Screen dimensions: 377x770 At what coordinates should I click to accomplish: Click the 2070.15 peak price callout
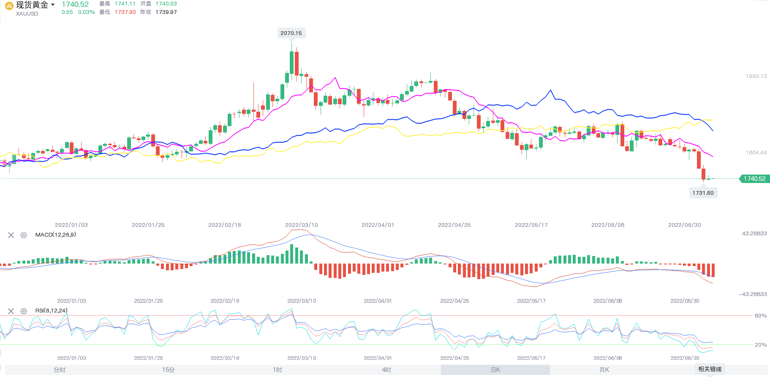coord(291,33)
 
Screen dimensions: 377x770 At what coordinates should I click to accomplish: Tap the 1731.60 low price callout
coord(703,193)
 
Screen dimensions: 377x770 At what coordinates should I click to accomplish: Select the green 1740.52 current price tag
coord(754,179)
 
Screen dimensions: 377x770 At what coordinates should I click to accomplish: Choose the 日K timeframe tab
coord(495,370)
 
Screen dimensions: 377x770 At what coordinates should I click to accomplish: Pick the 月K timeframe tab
coord(604,370)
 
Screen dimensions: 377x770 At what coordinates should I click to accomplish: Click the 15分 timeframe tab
coord(168,370)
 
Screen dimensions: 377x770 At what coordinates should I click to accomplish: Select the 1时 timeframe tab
coord(277,370)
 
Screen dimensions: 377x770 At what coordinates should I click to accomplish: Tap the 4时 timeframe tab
coord(386,370)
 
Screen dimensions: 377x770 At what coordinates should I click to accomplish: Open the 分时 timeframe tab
coord(60,370)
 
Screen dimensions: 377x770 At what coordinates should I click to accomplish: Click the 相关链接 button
coord(710,369)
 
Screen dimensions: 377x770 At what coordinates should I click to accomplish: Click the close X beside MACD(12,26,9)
coord(11,235)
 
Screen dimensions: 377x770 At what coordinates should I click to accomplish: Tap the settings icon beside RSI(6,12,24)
coord(24,311)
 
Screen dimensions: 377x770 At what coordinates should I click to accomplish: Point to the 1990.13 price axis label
coord(756,76)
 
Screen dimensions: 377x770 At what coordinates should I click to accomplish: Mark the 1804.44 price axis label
coord(756,153)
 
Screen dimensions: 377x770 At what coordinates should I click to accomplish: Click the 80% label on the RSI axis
coord(760,316)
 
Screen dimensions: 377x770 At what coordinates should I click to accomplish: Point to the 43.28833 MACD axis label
coord(754,233)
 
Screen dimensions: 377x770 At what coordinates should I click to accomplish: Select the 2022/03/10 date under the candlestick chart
coord(301,225)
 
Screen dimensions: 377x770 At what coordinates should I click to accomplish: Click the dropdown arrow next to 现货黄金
coord(53,5)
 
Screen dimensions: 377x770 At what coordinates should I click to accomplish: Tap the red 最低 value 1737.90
coord(125,12)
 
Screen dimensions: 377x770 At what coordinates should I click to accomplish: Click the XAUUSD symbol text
coord(27,14)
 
